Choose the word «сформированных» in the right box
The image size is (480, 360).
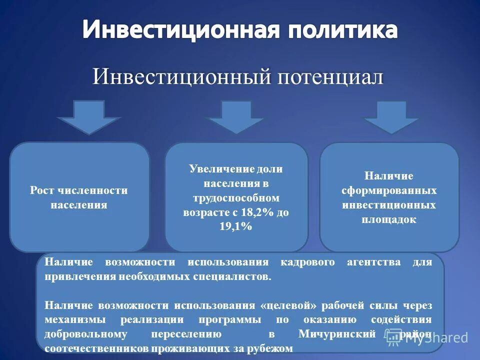coord(389,190)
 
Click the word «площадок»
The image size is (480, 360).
coord(389,219)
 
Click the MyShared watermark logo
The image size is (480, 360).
coord(427,337)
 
